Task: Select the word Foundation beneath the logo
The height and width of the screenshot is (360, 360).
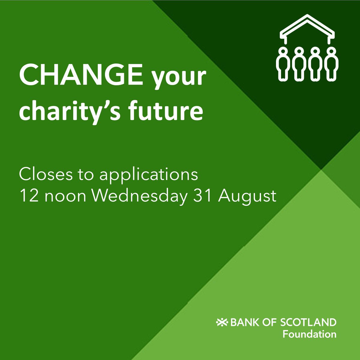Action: (x=309, y=334)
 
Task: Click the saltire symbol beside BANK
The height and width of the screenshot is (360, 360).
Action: (x=222, y=322)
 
